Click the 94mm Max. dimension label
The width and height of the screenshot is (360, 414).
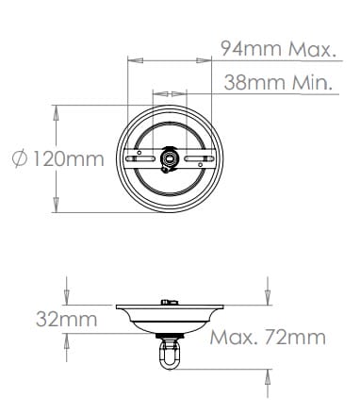click(276, 49)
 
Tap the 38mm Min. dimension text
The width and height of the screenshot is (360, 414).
click(278, 82)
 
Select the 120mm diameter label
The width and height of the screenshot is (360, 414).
click(69, 158)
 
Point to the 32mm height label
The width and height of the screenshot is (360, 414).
click(67, 319)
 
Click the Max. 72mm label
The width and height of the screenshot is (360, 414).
click(268, 338)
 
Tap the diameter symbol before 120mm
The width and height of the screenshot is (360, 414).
click(20, 158)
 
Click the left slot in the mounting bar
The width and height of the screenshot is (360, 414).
click(140, 159)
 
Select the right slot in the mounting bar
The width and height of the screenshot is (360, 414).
click(199, 159)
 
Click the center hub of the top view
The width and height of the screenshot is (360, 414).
click(170, 158)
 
